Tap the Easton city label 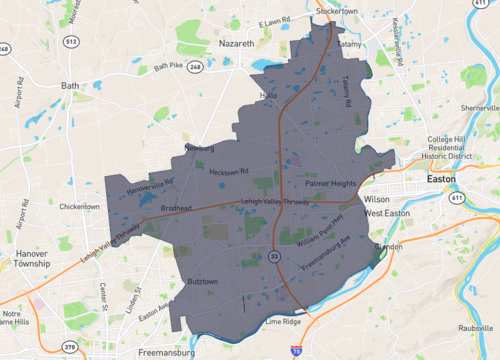(440, 178)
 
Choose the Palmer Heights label (331, 184)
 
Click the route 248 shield (197, 67)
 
